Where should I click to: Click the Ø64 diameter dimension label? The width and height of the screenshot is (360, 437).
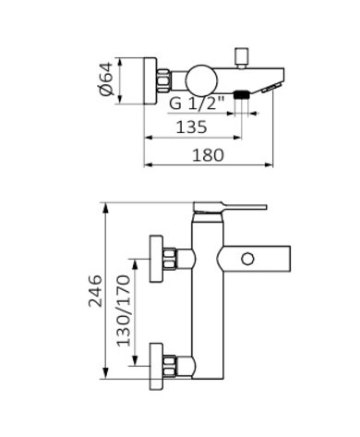(107, 79)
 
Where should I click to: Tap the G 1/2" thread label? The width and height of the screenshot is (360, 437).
(197, 103)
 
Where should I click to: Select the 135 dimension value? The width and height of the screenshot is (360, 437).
(191, 127)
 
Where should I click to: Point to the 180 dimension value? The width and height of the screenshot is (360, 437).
(208, 155)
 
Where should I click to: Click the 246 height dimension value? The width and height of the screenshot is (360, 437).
(95, 291)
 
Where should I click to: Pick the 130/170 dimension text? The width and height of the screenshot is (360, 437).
(124, 311)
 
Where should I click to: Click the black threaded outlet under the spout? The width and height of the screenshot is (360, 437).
(241, 94)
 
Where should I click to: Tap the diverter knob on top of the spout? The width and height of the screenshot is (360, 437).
(242, 57)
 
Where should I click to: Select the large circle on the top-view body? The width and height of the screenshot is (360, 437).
(201, 80)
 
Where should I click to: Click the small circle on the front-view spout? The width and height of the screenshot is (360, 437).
(247, 259)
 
